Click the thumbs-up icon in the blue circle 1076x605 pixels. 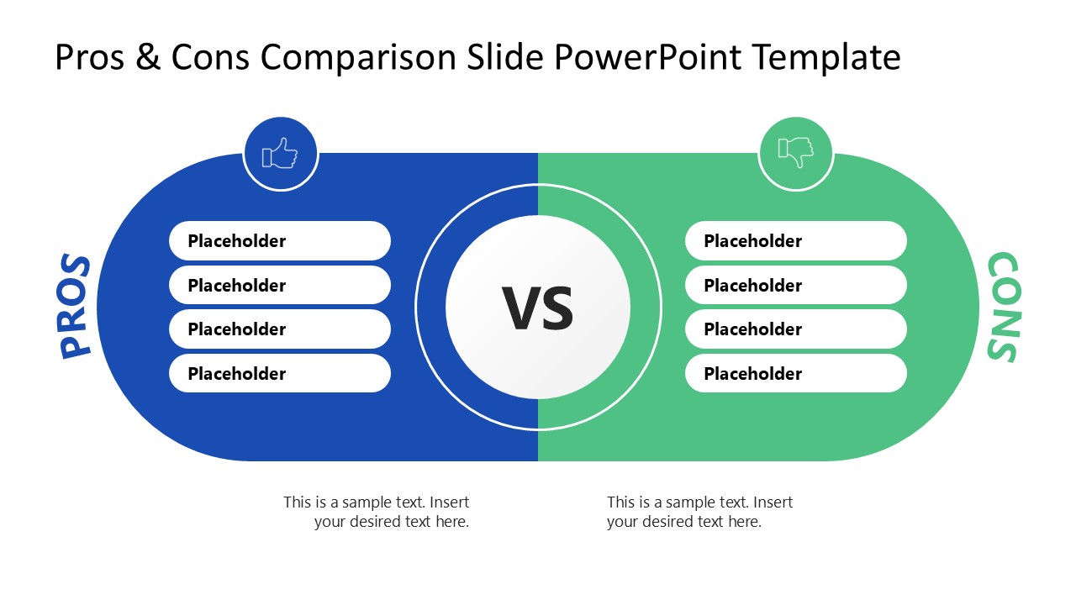point(280,154)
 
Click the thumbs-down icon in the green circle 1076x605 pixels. point(795,152)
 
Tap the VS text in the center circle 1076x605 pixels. point(538,308)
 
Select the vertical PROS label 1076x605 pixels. point(76,308)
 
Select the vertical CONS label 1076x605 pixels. point(1002,308)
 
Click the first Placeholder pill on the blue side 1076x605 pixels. point(279,241)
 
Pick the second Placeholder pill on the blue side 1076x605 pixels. point(279,286)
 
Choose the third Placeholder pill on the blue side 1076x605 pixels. point(279,329)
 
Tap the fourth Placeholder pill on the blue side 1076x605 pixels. point(279,374)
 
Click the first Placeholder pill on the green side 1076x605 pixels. point(795,241)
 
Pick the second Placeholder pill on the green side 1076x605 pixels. point(795,286)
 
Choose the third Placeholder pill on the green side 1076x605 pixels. point(795,329)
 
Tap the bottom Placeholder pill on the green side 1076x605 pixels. point(795,374)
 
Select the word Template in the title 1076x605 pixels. point(825,58)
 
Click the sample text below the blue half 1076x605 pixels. point(377,512)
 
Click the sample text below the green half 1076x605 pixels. point(699,512)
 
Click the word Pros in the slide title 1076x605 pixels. point(90,58)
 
